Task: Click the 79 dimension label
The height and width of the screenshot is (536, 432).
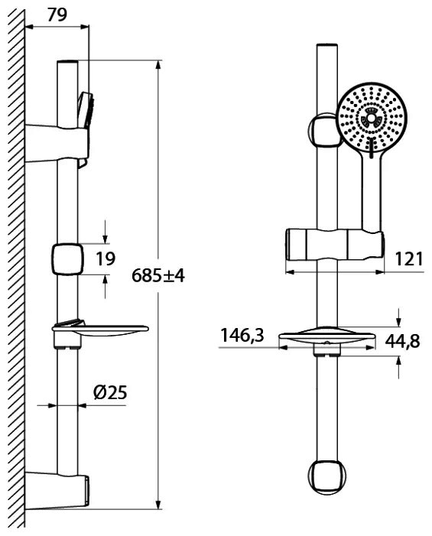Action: click(57, 15)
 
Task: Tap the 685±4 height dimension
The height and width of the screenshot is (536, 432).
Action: click(158, 275)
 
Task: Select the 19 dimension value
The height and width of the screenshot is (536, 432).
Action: click(106, 258)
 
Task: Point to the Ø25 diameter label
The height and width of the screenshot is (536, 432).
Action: click(110, 392)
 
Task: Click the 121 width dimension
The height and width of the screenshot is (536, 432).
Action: click(409, 258)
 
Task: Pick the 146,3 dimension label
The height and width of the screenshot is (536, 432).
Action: click(242, 336)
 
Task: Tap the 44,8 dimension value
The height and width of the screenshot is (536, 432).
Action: click(402, 340)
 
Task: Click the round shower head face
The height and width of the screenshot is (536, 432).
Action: click(371, 117)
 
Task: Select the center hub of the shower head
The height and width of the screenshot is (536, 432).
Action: click(371, 119)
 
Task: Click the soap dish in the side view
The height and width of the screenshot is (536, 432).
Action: click(100, 330)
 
